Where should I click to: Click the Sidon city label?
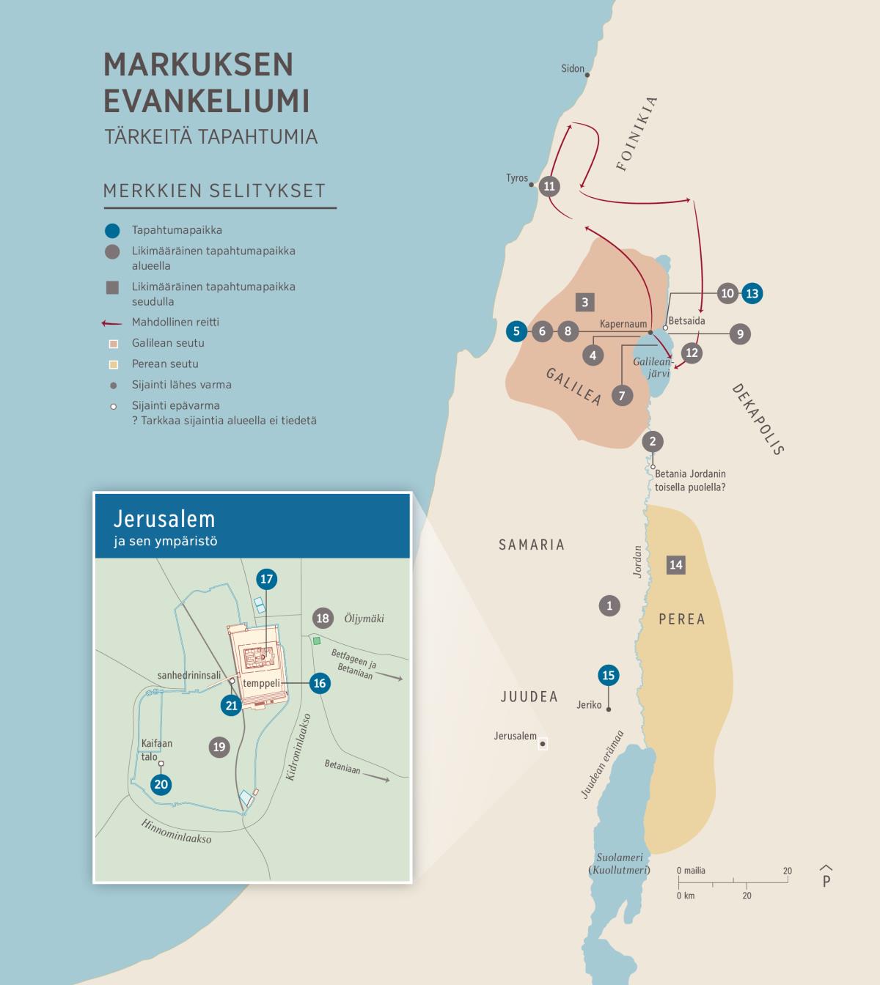(572, 69)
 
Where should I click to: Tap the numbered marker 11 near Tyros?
(549, 186)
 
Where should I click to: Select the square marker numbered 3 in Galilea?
(584, 302)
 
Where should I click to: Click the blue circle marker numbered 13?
(752, 294)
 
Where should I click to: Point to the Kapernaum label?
(623, 324)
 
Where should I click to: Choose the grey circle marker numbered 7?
(622, 396)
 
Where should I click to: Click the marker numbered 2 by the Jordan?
(653, 441)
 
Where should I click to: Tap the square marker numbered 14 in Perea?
(676, 564)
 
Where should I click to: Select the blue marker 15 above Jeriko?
(608, 675)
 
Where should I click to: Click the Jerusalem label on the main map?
(515, 736)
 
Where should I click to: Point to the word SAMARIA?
(532, 545)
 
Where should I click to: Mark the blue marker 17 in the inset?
(266, 579)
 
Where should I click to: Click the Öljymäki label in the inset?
(364, 619)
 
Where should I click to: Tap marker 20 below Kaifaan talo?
(161, 784)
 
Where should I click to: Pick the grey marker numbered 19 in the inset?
(219, 747)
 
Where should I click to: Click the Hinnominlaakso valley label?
(176, 831)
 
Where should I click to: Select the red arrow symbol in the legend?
(111, 322)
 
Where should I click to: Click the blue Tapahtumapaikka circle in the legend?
(111, 231)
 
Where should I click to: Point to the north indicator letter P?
(826, 881)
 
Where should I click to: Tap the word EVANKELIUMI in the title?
(206, 100)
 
